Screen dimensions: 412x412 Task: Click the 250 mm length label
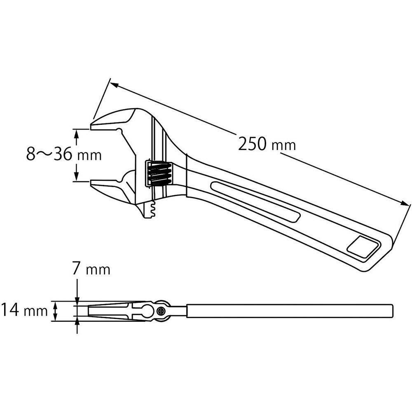pos(267,144)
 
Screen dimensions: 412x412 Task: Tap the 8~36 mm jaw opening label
pos(64,154)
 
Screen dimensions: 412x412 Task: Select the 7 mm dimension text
pos(91,269)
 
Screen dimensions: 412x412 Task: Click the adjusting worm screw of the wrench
pos(159,173)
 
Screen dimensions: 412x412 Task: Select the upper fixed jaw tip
pos(91,126)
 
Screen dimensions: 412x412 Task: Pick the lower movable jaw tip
pos(91,183)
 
